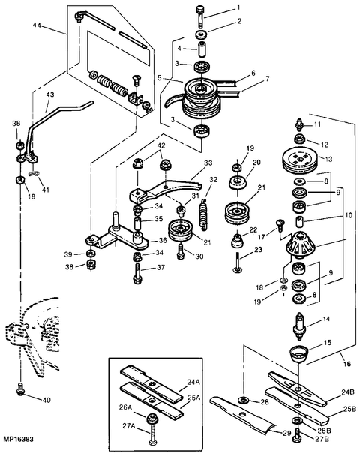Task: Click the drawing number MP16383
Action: (x=18, y=439)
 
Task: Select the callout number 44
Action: (x=37, y=25)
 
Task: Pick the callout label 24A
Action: (x=193, y=382)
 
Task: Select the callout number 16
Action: (x=347, y=363)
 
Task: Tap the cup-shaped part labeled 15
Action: (x=298, y=352)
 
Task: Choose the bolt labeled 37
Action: (x=137, y=273)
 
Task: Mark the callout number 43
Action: (x=50, y=94)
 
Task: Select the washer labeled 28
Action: (x=244, y=400)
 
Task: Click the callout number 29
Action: (x=286, y=433)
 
